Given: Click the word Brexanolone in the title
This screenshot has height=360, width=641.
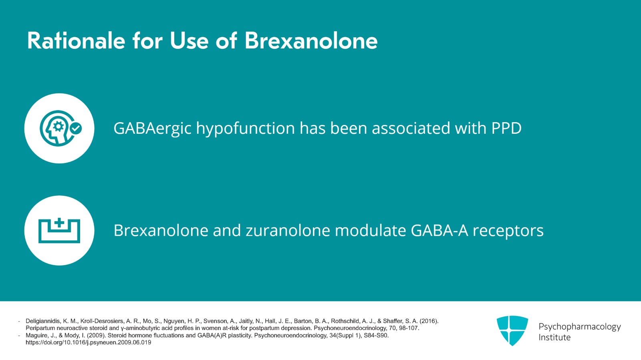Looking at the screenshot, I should tap(311, 41).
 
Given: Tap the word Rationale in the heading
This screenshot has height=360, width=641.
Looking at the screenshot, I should tap(76, 41).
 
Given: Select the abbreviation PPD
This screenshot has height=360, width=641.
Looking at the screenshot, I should tap(506, 129).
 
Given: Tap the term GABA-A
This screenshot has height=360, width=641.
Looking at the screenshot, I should tap(439, 231).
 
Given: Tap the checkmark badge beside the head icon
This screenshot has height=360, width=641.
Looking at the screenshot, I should tap(76, 129).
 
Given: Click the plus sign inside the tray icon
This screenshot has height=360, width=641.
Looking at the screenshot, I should tap(59, 223).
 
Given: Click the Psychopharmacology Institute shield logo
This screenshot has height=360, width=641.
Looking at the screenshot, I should tap(512, 330).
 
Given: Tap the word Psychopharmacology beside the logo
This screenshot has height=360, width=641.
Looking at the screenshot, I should tap(579, 326).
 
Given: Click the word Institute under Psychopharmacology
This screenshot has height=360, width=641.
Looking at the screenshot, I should tap(554, 338).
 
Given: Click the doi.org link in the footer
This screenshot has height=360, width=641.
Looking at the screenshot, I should tap(88, 343).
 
